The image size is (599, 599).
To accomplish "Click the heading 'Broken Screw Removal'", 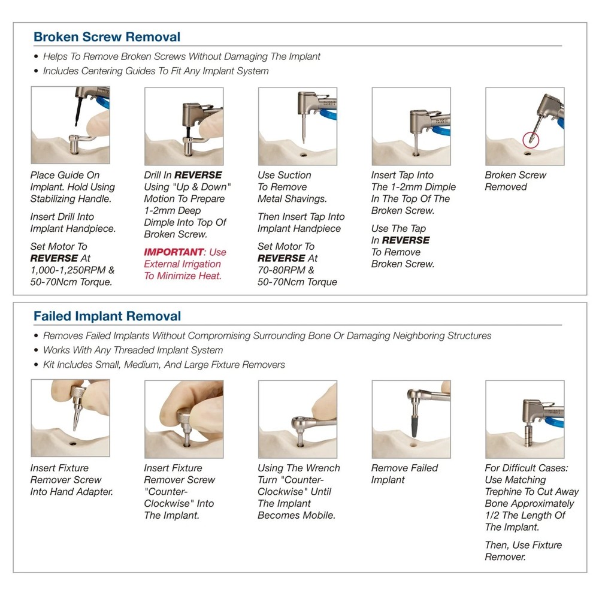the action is pyautogui.click(x=107, y=37).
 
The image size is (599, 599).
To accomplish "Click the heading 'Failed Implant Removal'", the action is pyautogui.click(x=107, y=316).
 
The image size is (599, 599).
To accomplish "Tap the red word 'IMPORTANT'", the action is pyautogui.click(x=174, y=252).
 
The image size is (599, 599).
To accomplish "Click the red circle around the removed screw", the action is pyautogui.click(x=530, y=140).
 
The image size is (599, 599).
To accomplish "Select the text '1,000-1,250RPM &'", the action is pyautogui.click(x=72, y=270).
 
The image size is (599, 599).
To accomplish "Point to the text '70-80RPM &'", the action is pyautogui.click(x=286, y=270).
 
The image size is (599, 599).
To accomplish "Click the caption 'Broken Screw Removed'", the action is pyautogui.click(x=515, y=181).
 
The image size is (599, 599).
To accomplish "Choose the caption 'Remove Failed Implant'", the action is pyautogui.click(x=404, y=474).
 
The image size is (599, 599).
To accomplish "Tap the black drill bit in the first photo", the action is pyautogui.click(x=78, y=111).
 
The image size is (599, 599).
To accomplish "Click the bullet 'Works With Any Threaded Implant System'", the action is pyautogui.click(x=133, y=350).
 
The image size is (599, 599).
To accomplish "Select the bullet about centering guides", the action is pyautogui.click(x=156, y=71).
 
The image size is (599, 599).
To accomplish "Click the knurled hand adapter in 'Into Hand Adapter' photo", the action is pyautogui.click(x=78, y=393).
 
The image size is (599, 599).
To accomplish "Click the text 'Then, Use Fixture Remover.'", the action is pyautogui.click(x=524, y=551).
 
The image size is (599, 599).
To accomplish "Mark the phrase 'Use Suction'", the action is pyautogui.click(x=284, y=175).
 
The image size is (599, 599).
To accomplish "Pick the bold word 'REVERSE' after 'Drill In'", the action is pyautogui.click(x=198, y=175).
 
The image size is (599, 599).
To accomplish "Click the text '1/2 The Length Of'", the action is pyautogui.click(x=525, y=515).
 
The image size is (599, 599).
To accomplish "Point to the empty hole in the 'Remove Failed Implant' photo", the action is pyautogui.click(x=413, y=444).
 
